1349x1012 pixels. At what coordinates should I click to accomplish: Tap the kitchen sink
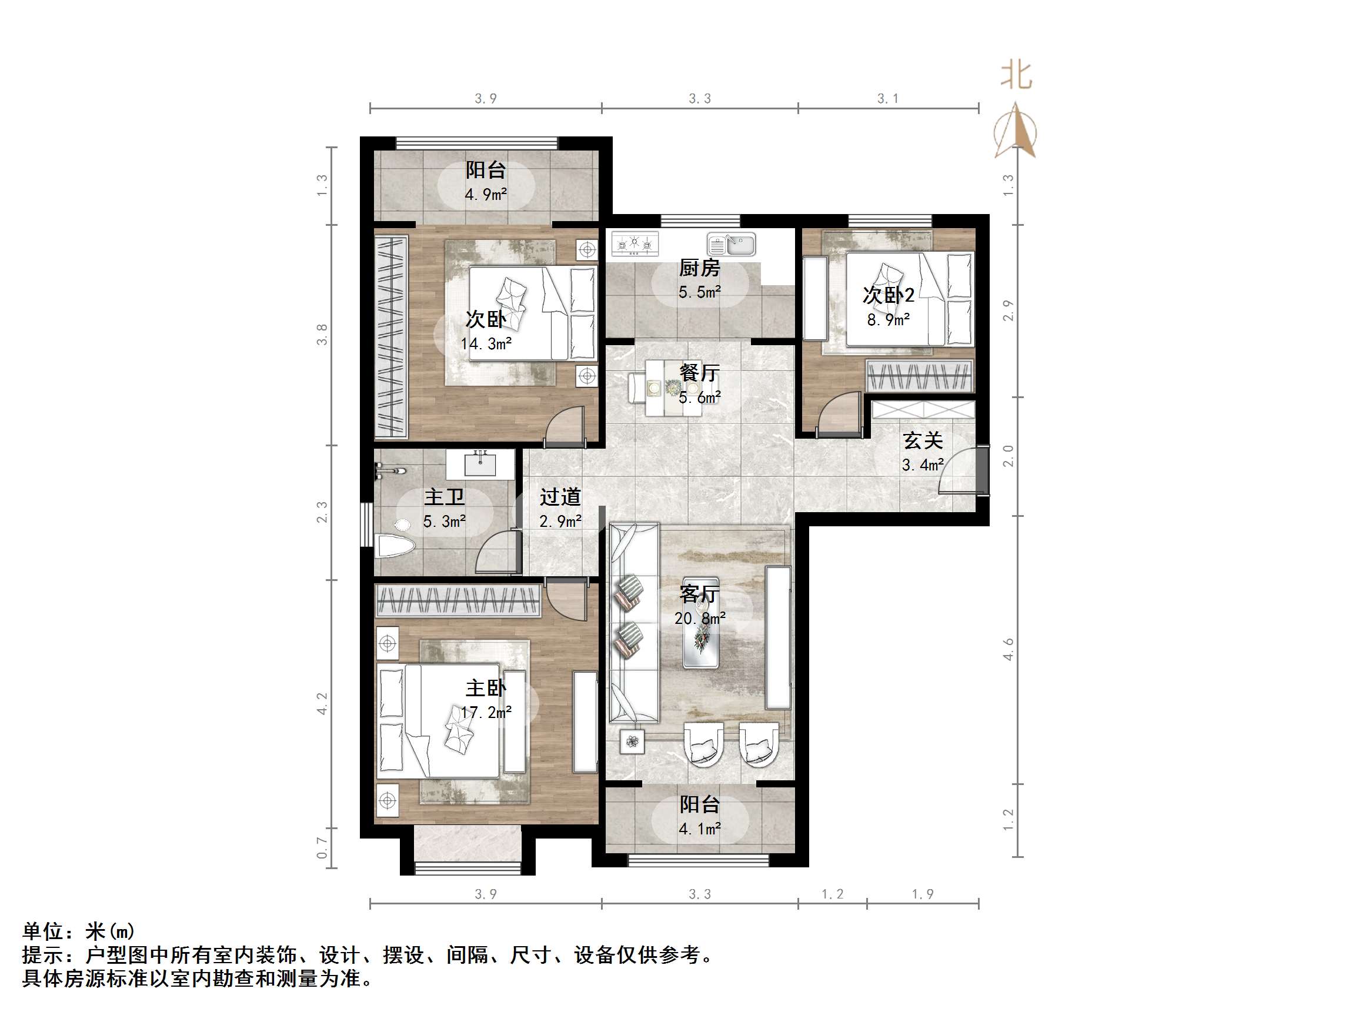[731, 245]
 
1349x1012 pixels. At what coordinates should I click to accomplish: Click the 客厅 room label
[700, 594]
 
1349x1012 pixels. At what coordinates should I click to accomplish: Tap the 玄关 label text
[923, 440]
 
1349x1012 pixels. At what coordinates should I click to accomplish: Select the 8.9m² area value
[889, 320]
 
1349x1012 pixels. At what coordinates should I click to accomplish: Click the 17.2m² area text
[486, 712]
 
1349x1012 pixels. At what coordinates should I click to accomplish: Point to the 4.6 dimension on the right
[1008, 649]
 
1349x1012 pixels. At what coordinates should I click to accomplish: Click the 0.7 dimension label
[322, 847]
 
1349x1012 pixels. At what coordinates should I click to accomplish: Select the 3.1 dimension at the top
[888, 99]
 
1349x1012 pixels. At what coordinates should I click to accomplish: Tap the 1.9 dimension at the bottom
[923, 894]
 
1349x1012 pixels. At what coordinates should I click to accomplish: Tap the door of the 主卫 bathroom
[497, 552]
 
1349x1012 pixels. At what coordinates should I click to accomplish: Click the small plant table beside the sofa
[632, 741]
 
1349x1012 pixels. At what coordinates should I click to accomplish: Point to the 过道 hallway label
[560, 497]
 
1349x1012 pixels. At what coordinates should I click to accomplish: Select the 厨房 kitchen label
[700, 268]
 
